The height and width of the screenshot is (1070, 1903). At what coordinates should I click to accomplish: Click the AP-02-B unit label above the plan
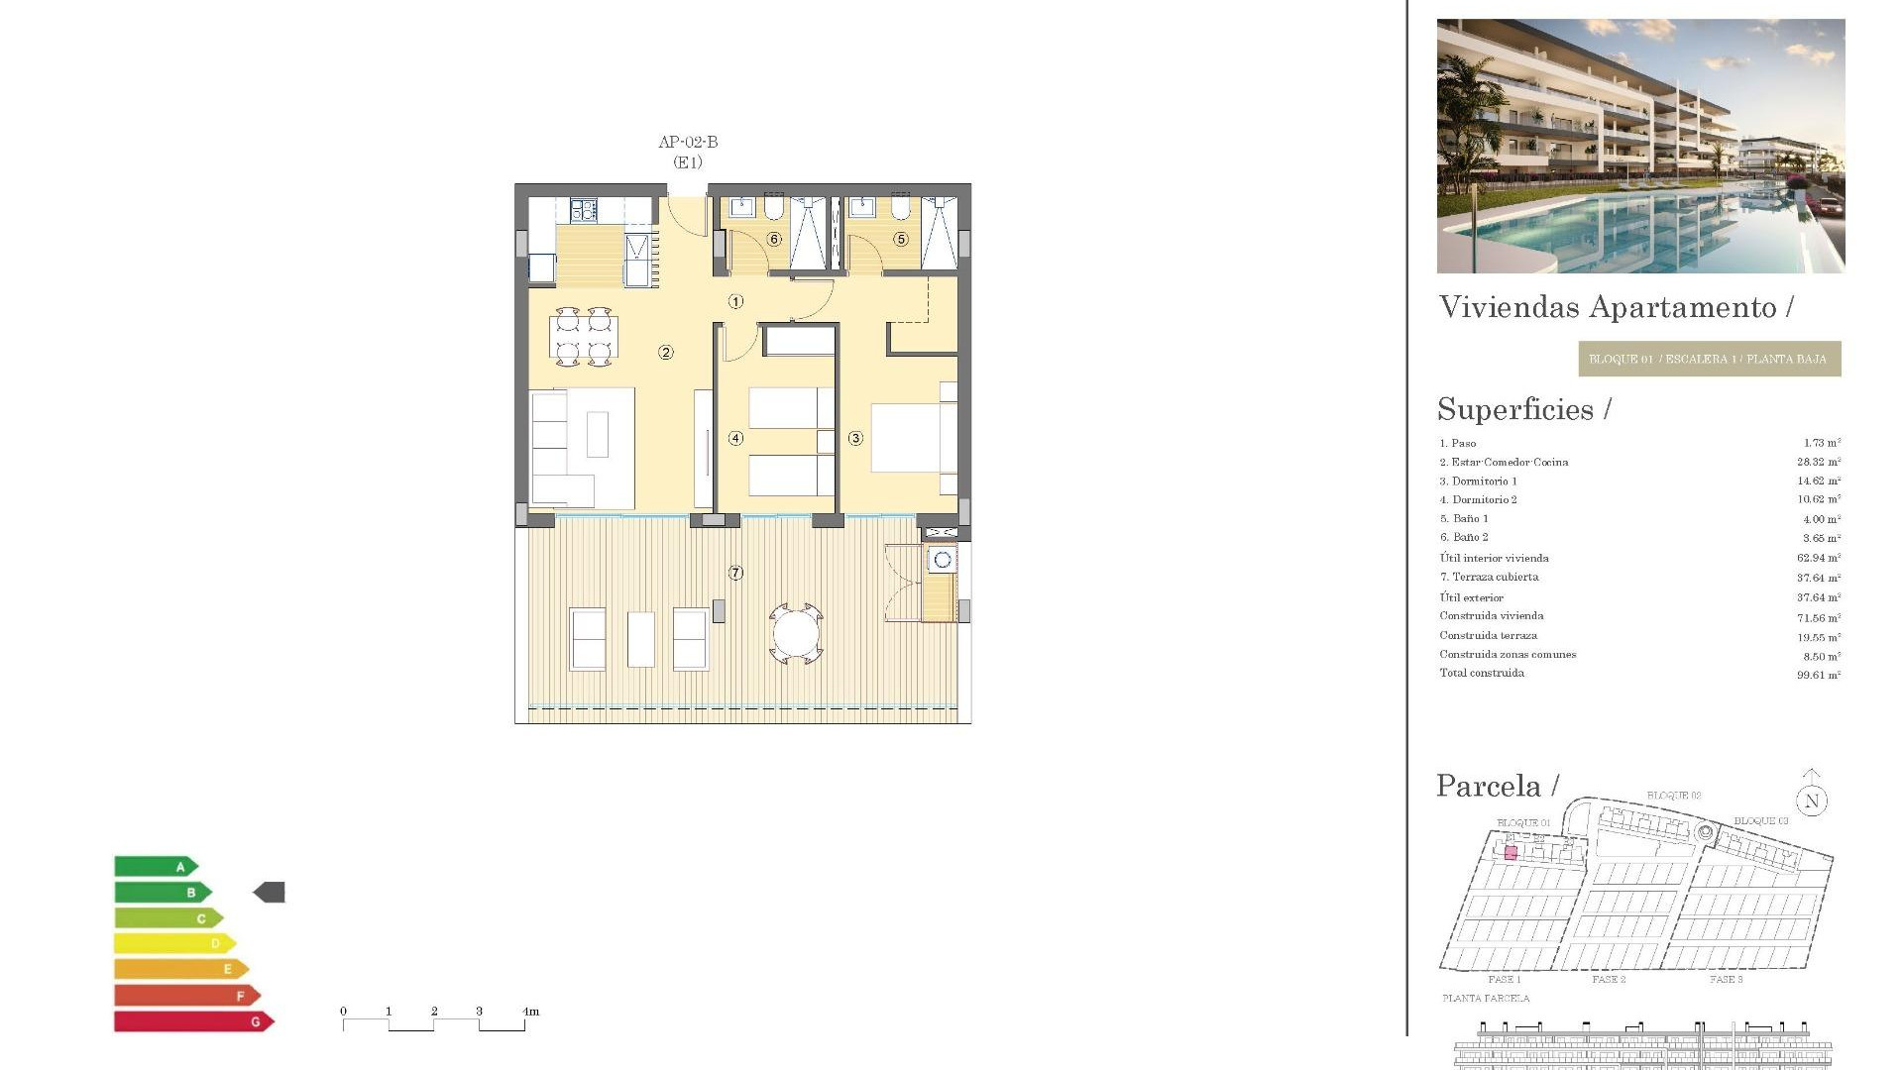688,142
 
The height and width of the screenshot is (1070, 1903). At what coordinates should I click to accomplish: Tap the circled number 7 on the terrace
735,573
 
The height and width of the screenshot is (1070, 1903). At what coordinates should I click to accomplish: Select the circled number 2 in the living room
666,352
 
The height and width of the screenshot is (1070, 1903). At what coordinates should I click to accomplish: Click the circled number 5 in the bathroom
901,239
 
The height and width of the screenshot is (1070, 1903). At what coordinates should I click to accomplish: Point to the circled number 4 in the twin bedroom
735,438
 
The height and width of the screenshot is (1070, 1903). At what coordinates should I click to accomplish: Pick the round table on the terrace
796,633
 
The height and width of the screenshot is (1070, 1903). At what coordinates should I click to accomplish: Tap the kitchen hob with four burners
583,210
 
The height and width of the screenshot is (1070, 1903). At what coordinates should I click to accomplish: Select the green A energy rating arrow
156,867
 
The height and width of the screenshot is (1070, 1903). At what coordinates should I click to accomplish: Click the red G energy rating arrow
193,1021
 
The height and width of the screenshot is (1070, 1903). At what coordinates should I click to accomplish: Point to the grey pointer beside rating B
270,893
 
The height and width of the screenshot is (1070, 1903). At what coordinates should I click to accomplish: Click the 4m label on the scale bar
530,1012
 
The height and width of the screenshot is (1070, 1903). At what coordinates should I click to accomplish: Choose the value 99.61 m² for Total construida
1818,675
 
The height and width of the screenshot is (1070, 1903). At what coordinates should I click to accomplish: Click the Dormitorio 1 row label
1484,481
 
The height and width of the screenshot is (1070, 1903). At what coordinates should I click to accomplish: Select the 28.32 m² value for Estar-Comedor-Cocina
1818,462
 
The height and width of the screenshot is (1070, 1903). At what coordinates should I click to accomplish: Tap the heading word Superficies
1515,409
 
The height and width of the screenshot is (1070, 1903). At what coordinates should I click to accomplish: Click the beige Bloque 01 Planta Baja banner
1709,359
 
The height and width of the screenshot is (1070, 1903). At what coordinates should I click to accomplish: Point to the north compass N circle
1812,802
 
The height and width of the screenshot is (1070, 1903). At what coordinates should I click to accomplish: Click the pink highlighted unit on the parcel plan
1511,853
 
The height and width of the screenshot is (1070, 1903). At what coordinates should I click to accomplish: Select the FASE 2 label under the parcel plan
1609,979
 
